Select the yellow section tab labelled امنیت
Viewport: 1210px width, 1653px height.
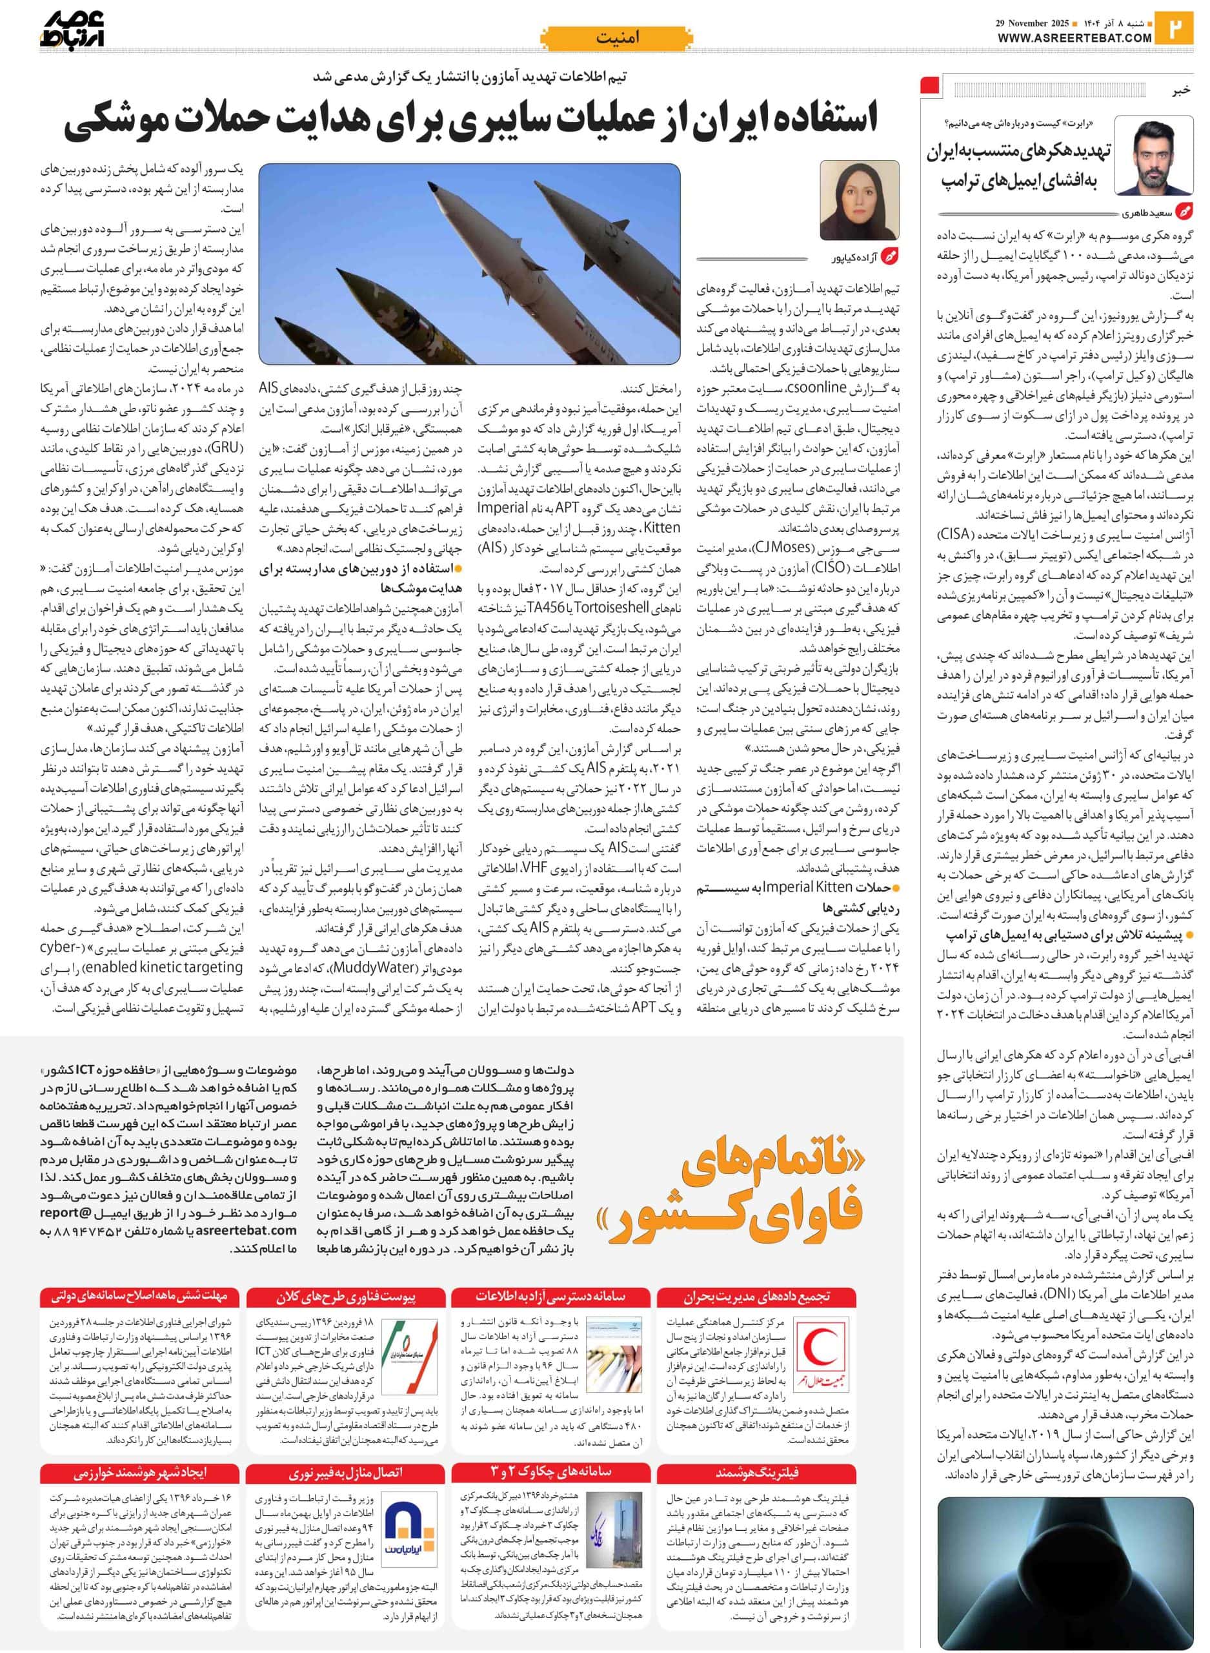point(617,37)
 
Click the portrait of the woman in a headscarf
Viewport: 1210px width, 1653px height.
point(859,200)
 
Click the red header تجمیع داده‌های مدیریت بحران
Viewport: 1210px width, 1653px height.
point(758,1296)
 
